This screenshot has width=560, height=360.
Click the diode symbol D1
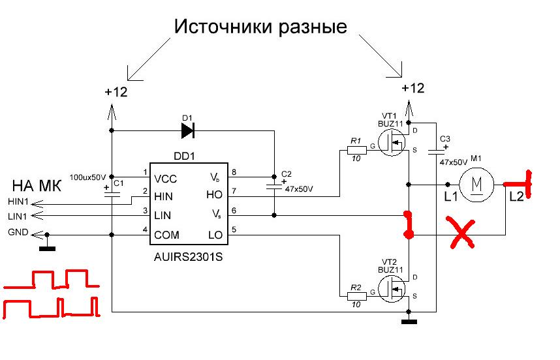coord(188,131)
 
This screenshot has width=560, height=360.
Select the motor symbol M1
coord(476,185)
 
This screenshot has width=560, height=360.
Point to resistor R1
coord(355,149)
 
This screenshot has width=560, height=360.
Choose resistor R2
coord(355,295)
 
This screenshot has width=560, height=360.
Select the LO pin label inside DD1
coord(215,234)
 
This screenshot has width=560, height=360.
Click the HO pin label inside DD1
coord(214,195)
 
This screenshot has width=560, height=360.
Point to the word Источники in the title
coord(216,27)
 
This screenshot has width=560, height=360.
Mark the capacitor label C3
coord(445,139)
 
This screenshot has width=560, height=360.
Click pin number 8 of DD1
coord(234,172)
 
